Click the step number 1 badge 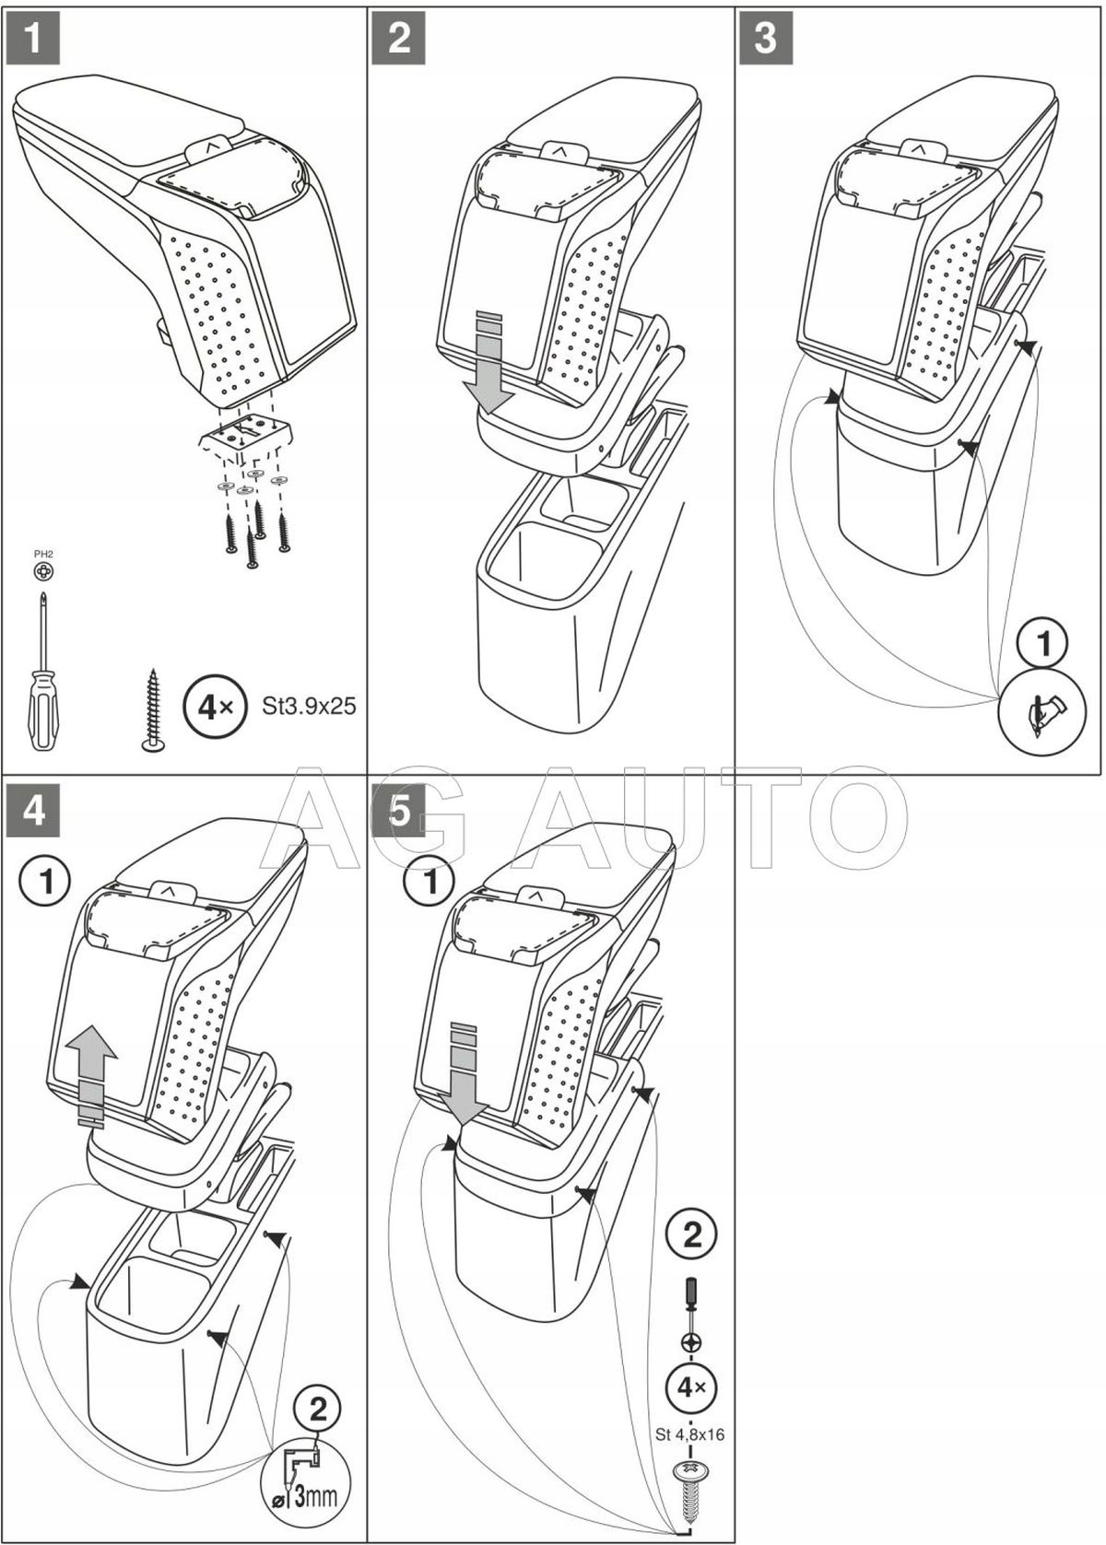(x=33, y=39)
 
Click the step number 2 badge (x=399, y=39)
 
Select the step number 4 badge (x=33, y=812)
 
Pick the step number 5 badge (x=399, y=812)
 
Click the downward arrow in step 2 (x=488, y=361)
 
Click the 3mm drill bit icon (x=314, y=1484)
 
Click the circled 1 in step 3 (x=1043, y=643)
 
